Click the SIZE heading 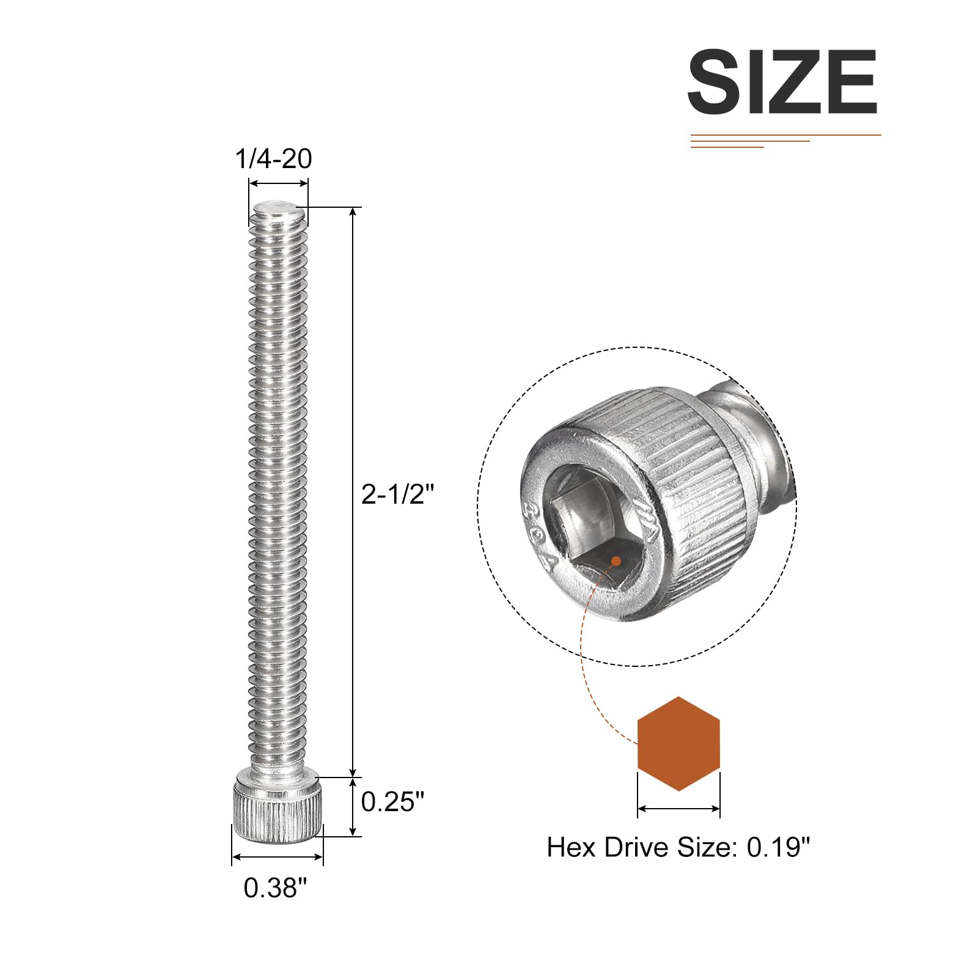(782, 82)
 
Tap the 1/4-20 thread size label (273, 159)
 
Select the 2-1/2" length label (397, 494)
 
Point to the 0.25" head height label (392, 801)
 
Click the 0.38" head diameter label (275, 888)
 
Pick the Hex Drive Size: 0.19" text (678, 847)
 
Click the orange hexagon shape (678, 743)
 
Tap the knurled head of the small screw (278, 807)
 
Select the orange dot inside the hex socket (616, 561)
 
